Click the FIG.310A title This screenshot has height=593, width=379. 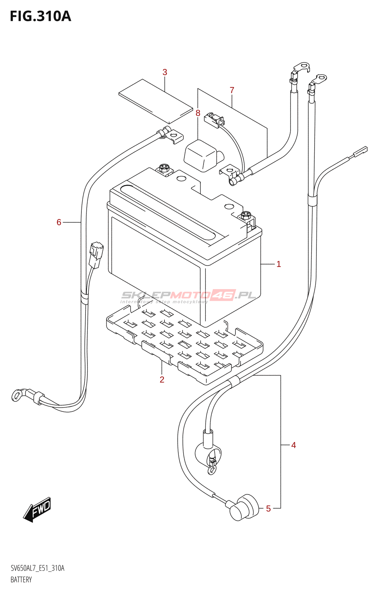[x=40, y=16]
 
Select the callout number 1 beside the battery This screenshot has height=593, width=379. [x=279, y=264]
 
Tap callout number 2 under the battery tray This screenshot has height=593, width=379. [x=162, y=380]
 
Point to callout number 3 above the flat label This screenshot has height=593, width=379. [x=165, y=72]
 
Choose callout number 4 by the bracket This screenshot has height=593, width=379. [x=294, y=445]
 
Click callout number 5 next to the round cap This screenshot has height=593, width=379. [x=268, y=509]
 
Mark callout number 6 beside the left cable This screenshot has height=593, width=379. [x=59, y=222]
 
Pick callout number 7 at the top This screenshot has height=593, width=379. [x=232, y=90]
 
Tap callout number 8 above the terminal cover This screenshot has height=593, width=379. [x=198, y=113]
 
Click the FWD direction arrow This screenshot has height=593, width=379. [x=37, y=510]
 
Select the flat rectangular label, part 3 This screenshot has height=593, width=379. [x=155, y=101]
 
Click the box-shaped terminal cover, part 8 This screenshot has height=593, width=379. [x=201, y=156]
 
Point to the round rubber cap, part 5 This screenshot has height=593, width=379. [x=244, y=507]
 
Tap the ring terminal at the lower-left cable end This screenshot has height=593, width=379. [x=17, y=395]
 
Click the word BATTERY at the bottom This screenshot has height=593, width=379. [x=21, y=580]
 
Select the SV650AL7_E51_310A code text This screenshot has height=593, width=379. [x=37, y=568]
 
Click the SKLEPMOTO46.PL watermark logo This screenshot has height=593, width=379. [x=188, y=296]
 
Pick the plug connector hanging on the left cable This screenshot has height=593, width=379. [x=96, y=255]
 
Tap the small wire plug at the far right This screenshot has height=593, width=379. [x=360, y=151]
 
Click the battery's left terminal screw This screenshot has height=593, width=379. [x=164, y=169]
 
